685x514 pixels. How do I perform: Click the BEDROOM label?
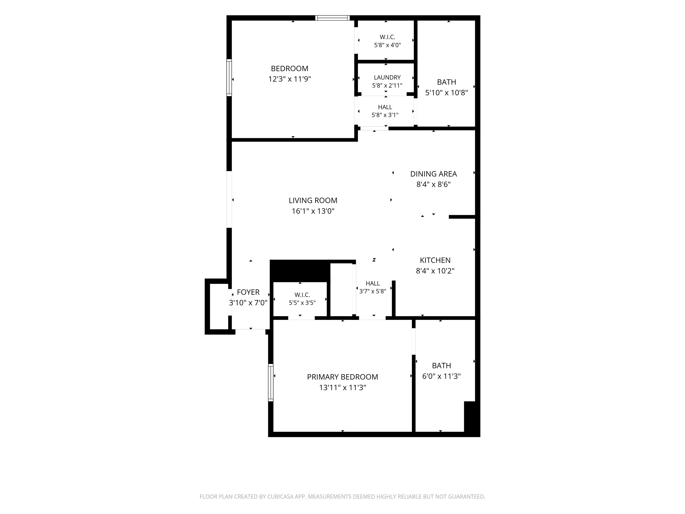pos(290,68)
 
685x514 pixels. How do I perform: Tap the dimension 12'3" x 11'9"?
pos(290,79)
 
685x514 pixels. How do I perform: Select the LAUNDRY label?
pos(387,77)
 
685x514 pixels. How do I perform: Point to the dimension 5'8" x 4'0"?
pos(387,45)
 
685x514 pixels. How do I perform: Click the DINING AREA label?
pos(433,174)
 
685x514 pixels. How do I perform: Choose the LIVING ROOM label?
pos(313,201)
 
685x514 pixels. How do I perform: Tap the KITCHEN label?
pos(435,260)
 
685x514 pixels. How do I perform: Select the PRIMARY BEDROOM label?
pos(342,377)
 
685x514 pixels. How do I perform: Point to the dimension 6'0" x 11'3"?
pos(442,376)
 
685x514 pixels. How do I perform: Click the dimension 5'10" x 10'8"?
pos(447,93)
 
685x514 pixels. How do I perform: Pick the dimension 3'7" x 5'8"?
pos(373,291)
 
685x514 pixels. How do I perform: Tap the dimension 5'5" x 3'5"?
pos(302,303)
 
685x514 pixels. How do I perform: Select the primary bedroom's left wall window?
pos(271,383)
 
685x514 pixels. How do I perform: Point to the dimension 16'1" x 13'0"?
pos(313,211)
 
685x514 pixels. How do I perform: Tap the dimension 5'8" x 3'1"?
pos(385,115)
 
